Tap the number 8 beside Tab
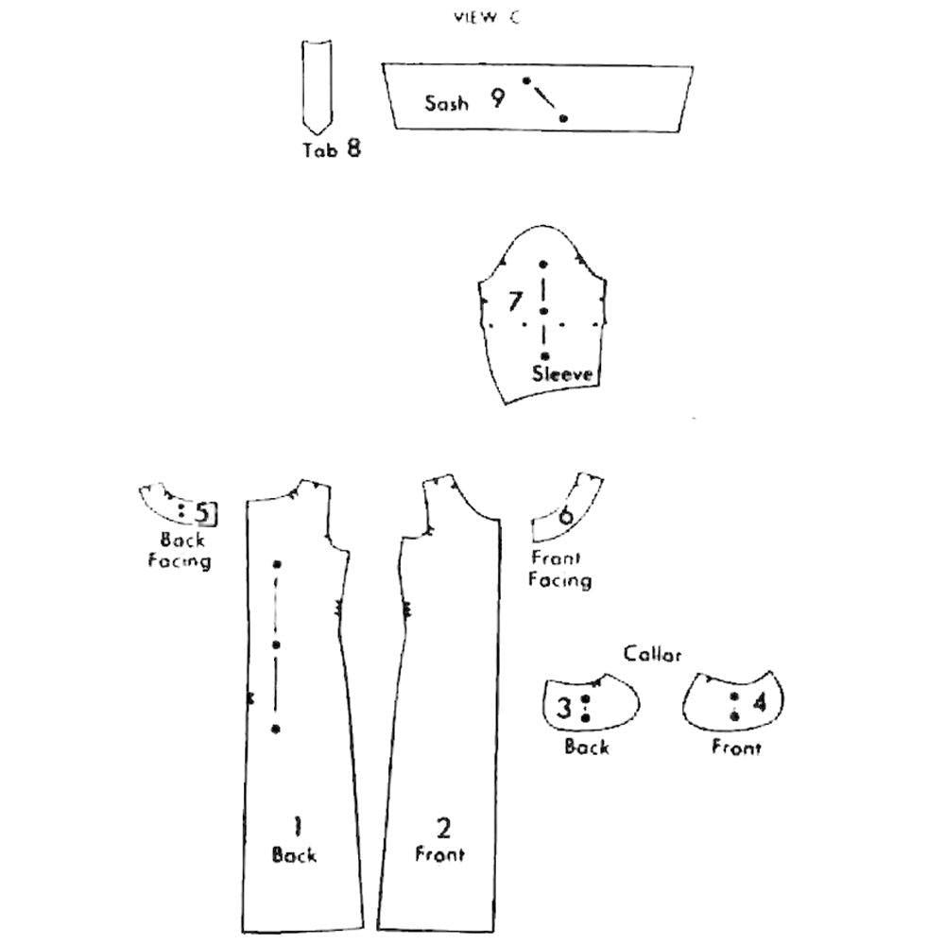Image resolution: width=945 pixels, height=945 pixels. click(x=352, y=148)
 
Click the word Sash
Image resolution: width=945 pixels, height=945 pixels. click(x=446, y=103)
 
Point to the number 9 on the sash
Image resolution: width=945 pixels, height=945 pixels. click(x=497, y=97)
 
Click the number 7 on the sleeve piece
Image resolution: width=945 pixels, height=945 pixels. click(x=515, y=301)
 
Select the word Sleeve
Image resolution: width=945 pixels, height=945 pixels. click(x=563, y=373)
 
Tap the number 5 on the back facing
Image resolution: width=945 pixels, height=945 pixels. click(x=203, y=513)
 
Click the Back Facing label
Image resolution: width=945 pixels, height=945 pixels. click(x=180, y=551)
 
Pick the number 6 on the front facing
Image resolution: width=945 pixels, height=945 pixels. click(x=565, y=515)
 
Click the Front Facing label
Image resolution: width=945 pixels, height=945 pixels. click(x=559, y=569)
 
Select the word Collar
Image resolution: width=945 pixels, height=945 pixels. click(x=652, y=654)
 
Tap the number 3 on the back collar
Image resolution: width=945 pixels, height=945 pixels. click(x=564, y=708)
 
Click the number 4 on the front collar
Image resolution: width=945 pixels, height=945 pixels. click(x=759, y=704)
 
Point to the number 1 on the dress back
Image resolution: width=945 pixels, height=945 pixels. click(x=296, y=828)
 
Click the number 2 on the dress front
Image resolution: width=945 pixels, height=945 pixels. click(x=443, y=829)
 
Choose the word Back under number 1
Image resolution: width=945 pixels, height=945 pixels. click(x=294, y=855)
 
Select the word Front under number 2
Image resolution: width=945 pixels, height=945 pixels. click(x=440, y=855)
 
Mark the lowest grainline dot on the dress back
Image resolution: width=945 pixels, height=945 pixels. click(x=275, y=729)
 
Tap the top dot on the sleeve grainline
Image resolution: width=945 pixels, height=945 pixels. click(x=543, y=265)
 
